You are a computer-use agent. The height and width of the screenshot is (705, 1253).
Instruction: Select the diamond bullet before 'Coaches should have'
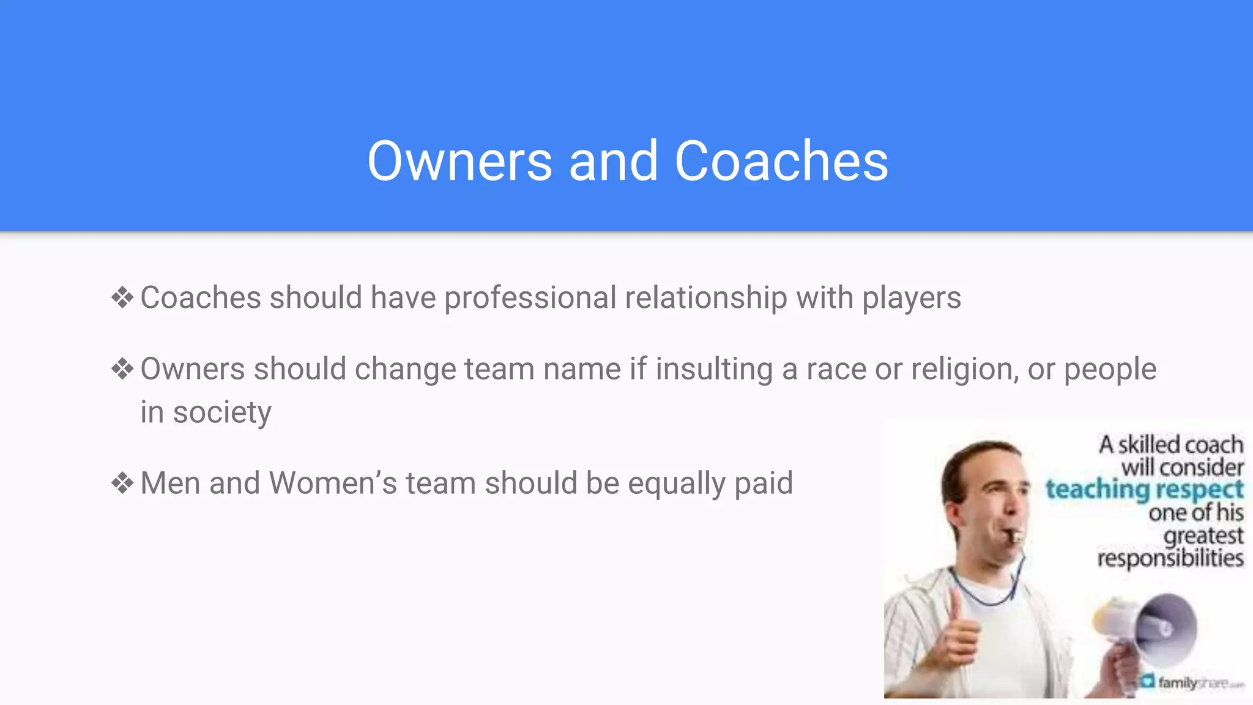point(122,298)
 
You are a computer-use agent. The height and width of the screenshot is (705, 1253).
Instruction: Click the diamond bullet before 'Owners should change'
point(122,369)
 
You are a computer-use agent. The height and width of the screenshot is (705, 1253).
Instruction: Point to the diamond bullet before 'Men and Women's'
point(122,483)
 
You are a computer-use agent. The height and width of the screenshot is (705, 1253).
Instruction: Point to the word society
point(221,412)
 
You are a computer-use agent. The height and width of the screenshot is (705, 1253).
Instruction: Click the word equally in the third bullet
point(676,484)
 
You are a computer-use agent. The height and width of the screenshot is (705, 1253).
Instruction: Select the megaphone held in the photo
point(1150,630)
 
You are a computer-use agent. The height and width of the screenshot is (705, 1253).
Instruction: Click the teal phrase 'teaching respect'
point(1144,490)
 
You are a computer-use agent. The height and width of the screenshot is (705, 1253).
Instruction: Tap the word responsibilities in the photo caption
point(1170,558)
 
